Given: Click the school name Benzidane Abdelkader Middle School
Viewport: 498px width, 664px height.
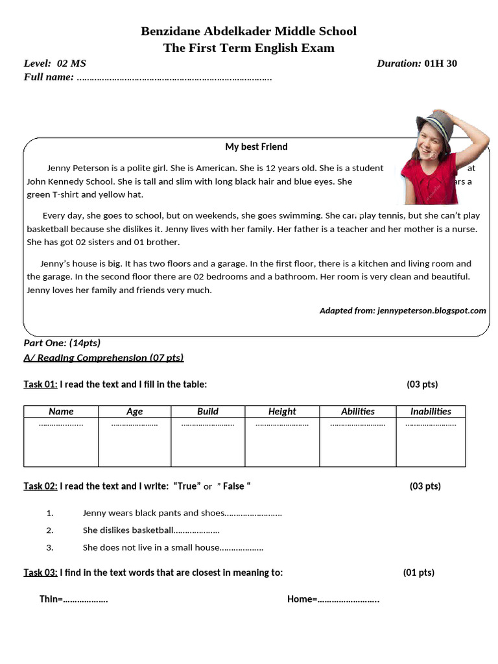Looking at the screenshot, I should [248, 31].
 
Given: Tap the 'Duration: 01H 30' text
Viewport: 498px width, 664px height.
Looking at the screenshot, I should [416, 64].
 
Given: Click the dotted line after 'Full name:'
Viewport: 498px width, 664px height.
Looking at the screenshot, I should [174, 78].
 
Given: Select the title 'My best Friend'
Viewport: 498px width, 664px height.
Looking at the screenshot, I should [256, 147].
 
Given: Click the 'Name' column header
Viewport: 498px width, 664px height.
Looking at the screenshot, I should [61, 411].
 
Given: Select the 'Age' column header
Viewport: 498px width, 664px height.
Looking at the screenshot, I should [135, 411].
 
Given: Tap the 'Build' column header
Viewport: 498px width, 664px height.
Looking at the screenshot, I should [207, 411].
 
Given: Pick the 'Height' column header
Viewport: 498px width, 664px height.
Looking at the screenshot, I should [282, 411].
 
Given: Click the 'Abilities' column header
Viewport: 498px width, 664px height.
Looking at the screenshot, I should [358, 411].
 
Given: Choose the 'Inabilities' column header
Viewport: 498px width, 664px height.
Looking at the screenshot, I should [431, 411].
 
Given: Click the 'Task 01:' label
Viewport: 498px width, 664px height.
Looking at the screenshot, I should [41, 384].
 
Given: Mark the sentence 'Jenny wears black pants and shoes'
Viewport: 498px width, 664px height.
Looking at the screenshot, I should [154, 513].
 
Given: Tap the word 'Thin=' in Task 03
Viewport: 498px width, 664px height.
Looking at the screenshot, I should [51, 599].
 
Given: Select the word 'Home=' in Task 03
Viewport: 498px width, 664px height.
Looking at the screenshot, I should [302, 599].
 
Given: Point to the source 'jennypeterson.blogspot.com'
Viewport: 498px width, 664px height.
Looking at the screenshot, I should [431, 311].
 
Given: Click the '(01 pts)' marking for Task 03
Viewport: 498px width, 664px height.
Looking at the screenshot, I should [418, 573].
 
